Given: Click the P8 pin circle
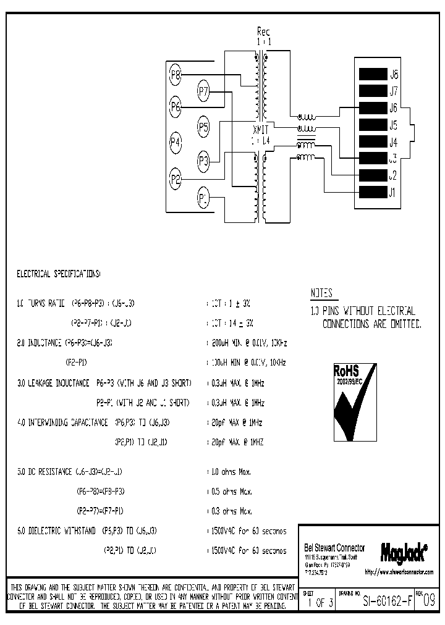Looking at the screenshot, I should pyautogui.click(x=176, y=75).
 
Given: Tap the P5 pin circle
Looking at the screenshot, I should pyautogui.click(x=204, y=127).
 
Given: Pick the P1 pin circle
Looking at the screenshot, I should pyautogui.click(x=204, y=198).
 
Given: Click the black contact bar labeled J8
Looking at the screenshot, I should pyautogui.click(x=372, y=75).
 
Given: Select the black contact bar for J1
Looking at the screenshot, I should pyautogui.click(x=372, y=192).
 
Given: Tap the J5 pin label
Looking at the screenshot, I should pyautogui.click(x=393, y=125).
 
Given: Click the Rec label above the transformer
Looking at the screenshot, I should pyautogui.click(x=264, y=31).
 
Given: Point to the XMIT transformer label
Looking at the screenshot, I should pyautogui.click(x=261, y=130).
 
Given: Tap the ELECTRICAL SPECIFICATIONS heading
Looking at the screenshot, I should pyautogui.click(x=58, y=272).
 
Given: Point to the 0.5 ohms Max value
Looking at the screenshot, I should pyautogui.click(x=229, y=492).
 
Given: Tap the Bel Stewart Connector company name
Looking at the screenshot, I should pyautogui.click(x=335, y=548).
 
